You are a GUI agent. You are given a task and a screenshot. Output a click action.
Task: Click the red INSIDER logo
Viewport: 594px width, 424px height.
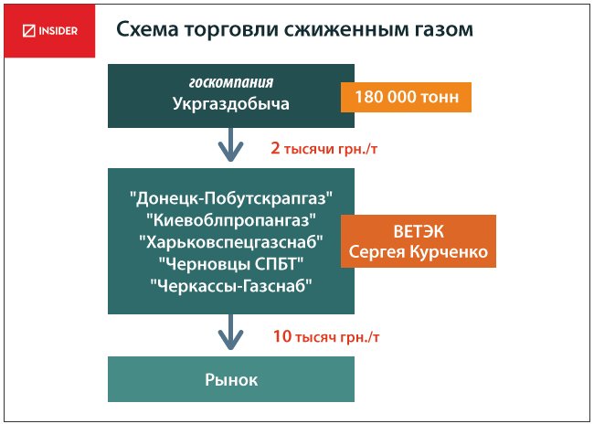[x=49, y=31]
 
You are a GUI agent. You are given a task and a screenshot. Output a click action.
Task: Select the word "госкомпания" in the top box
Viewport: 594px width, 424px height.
[x=231, y=82]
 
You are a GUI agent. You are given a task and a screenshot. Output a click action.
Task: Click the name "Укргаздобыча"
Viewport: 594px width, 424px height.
[x=231, y=103]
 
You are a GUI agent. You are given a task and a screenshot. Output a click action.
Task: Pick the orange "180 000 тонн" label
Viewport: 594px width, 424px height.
[x=406, y=97]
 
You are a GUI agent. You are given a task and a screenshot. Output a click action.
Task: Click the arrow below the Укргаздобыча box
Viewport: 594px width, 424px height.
[x=230, y=144]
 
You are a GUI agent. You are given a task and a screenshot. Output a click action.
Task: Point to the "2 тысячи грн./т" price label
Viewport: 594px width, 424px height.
[x=324, y=149]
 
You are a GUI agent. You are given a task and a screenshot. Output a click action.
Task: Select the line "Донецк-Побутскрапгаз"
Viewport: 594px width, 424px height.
[x=231, y=197]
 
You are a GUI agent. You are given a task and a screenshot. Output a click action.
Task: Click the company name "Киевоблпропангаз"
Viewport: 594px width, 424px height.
[x=231, y=220]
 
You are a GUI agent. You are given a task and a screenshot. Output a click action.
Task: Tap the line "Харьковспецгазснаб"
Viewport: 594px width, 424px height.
[x=231, y=242]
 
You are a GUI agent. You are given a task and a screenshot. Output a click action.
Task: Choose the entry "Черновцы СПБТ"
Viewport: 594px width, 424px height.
[x=231, y=264]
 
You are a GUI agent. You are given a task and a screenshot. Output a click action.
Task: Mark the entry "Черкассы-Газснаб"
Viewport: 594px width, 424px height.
[x=231, y=286]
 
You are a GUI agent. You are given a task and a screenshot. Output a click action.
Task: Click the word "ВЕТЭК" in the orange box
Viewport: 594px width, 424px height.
[x=419, y=232]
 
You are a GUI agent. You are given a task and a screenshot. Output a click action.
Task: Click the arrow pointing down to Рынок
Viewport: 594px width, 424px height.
[x=230, y=332]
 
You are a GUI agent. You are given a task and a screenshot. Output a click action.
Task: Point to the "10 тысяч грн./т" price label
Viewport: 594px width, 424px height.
[x=326, y=336]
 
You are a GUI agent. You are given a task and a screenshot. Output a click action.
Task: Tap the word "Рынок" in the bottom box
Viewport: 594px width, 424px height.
[x=231, y=379]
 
